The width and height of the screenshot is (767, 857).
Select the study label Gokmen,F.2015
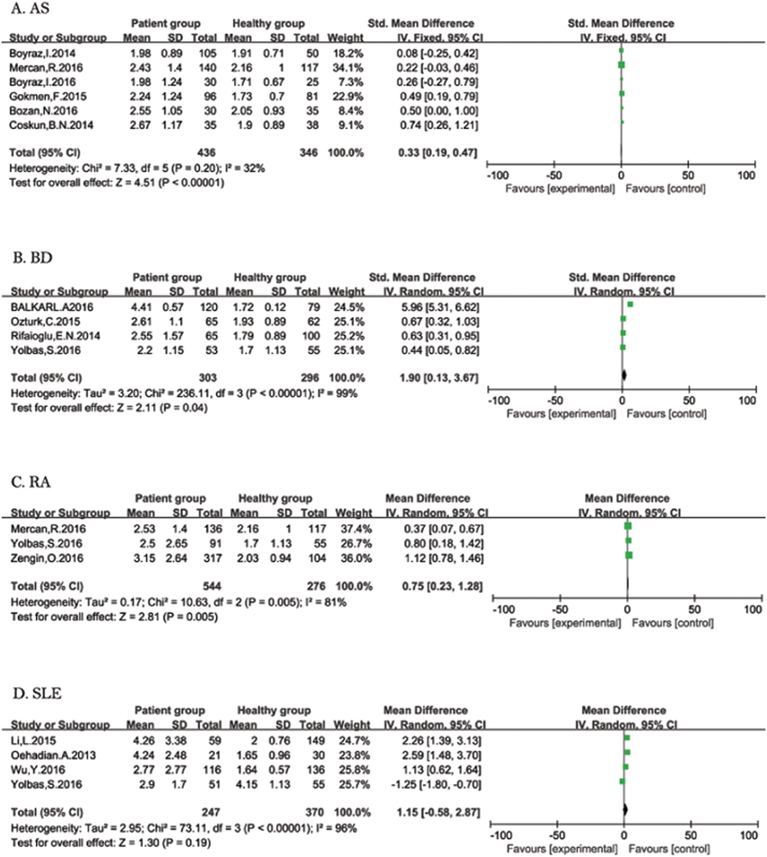coord(48,96)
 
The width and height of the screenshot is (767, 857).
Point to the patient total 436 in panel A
coord(206,153)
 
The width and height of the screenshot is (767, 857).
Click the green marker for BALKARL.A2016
coord(630,305)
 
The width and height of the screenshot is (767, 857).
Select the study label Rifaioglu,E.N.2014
coord(55,336)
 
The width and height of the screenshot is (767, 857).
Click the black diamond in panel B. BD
coord(624,375)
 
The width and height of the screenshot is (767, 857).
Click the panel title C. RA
coord(31,482)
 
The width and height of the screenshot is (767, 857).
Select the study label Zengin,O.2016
coord(47,558)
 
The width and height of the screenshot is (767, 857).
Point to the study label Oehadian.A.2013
coord(53,755)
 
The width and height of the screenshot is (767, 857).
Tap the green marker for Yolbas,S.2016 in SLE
coord(622,782)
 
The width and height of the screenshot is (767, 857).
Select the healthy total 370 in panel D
coord(315,812)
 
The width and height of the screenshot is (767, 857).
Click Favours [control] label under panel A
coord(665,189)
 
